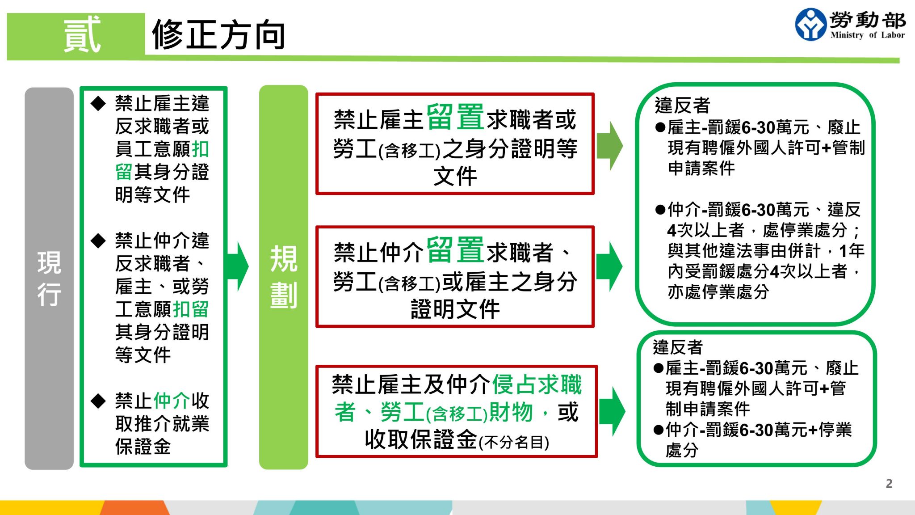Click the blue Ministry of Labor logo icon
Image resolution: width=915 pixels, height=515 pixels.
(810, 25)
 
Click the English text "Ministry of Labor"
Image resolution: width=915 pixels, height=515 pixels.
(867, 35)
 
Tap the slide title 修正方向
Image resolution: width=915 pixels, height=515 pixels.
(218, 35)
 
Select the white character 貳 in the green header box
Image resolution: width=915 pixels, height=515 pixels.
(82, 34)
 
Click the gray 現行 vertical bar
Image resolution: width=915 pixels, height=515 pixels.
(49, 278)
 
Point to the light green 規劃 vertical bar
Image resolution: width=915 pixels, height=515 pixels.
(283, 277)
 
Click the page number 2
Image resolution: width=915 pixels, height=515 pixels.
(889, 483)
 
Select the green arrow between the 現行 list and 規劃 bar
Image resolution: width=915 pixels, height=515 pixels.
(237, 266)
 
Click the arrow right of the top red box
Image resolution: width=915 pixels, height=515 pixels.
(610, 146)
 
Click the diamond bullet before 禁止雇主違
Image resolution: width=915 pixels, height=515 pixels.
(98, 104)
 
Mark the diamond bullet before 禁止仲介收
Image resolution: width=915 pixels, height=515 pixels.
(98, 401)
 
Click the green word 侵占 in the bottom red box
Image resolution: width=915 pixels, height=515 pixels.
(514, 384)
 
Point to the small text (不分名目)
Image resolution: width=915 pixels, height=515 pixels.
(514, 443)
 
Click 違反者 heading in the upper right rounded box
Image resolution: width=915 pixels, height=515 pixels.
(682, 106)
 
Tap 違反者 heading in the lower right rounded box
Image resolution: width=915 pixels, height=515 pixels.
(678, 347)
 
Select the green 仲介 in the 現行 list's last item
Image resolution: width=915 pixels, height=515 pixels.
(172, 401)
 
